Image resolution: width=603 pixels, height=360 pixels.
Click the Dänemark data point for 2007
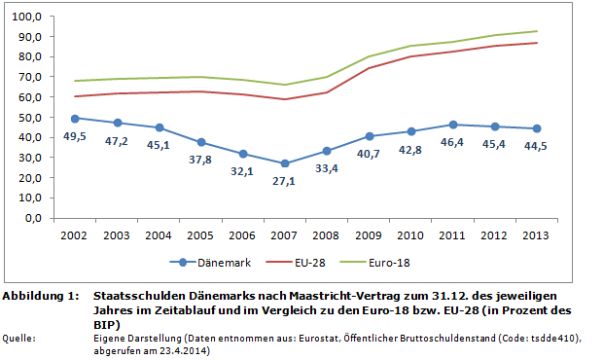pos(285,163)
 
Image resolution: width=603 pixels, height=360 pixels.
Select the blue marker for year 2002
pos(76,118)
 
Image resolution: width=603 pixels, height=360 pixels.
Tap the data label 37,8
pos(201,161)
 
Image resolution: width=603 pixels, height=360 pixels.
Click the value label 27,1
pos(285,182)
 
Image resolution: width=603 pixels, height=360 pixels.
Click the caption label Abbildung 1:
pos(40,294)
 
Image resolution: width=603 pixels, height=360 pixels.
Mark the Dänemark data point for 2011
pos(452,125)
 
